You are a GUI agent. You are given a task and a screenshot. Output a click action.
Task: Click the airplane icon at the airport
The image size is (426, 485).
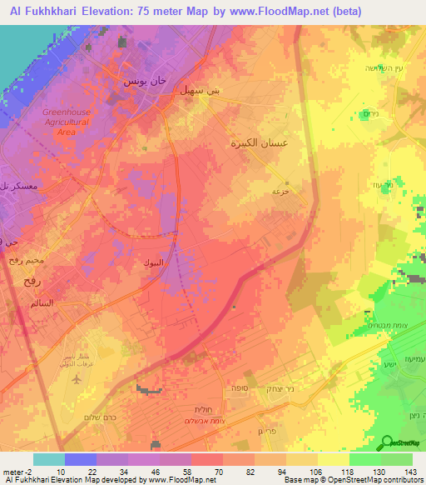[x=77, y=378]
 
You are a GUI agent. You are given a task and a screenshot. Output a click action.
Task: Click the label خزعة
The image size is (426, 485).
[x=280, y=191]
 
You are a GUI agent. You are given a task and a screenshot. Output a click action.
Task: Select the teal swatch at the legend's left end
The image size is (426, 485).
[x=49, y=459]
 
